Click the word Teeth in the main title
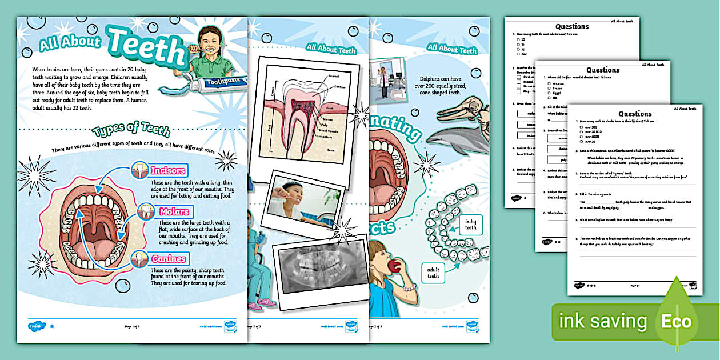click(146, 47)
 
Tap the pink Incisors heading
click(167, 170)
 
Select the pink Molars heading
click(174, 212)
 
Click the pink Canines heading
click(169, 259)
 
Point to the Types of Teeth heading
click(131, 130)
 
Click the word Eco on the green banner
click(677, 321)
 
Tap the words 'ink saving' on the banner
click(602, 321)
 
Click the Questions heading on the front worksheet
click(635, 114)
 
